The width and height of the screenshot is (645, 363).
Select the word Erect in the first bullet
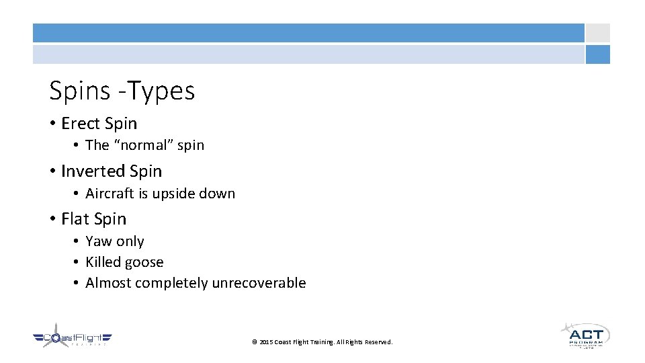[79, 124]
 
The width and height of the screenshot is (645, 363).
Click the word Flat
[75, 219]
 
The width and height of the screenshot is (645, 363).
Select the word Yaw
[98, 241]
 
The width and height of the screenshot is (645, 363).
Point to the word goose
[145, 263]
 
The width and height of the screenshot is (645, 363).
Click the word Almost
[108, 283]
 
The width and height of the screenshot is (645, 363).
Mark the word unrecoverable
[259, 283]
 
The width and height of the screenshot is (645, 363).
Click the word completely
[171, 283]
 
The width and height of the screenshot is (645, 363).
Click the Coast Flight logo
[72, 339]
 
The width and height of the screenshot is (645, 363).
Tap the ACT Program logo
[585, 335]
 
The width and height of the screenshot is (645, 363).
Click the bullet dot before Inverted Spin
[52, 172]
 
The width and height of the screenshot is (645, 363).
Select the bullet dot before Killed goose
[77, 263]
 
